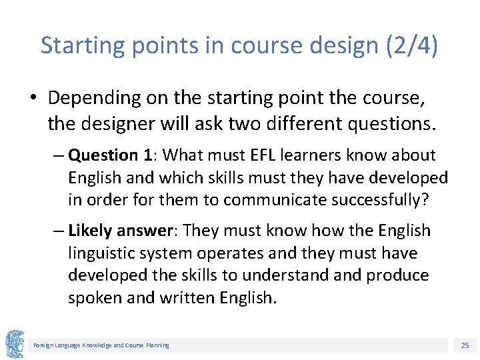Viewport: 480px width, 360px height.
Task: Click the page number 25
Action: click(x=465, y=345)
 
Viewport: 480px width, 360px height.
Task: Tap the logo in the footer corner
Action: click(x=15, y=344)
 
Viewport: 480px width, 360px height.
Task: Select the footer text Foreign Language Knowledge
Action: click(x=73, y=345)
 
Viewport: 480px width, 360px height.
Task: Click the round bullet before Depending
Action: click(x=33, y=99)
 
